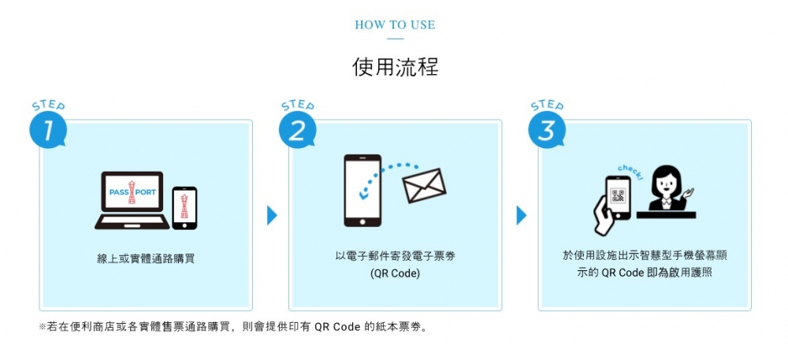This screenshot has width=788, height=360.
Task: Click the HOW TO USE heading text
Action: pos(395,25)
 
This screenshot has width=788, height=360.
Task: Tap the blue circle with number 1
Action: pos(48,130)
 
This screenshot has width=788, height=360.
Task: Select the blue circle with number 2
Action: pos(298,130)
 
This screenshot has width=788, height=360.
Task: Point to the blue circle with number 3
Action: pos(547,130)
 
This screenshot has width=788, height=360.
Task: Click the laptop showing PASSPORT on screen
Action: pos(132,200)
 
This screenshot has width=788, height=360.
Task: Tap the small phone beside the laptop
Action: pos(184,208)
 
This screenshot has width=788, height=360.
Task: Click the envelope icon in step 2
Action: pos(424,186)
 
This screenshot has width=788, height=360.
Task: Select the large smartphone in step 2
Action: pos(362,191)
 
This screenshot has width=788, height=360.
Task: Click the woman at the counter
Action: pos(667,188)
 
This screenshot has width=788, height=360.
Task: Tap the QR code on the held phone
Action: pos(619,196)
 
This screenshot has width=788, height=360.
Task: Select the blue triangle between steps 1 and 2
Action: pos(272,215)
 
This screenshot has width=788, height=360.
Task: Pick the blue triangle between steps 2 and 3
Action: pos(521,215)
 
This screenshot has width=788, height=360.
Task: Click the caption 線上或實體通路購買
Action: pos(146,259)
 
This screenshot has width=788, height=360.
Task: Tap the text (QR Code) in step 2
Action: pos(395,274)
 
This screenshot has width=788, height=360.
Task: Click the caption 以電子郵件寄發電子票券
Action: pos(395,256)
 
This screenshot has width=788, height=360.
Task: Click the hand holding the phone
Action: pos(603,214)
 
